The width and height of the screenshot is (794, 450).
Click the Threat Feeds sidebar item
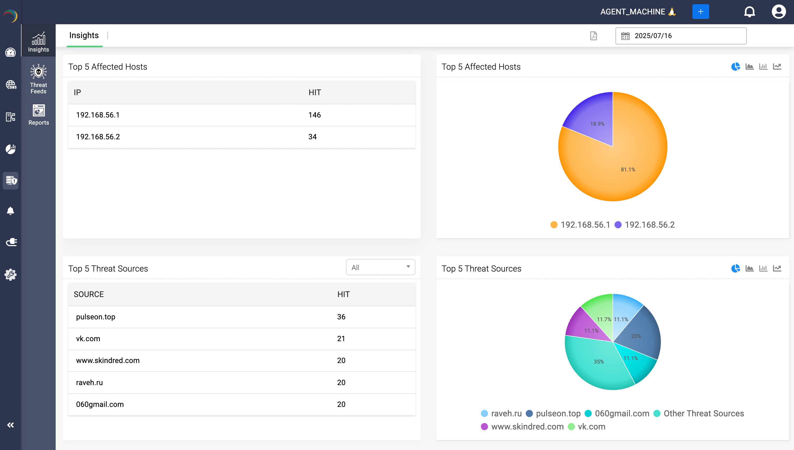[38, 79]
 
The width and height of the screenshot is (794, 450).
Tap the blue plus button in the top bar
[701, 12]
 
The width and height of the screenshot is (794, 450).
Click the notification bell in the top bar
[749, 12]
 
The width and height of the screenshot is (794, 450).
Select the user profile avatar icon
[779, 12]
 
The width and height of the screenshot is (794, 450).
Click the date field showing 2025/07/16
[681, 36]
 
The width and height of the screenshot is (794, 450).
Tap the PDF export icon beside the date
[593, 36]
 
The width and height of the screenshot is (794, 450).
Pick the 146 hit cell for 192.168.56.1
[315, 115]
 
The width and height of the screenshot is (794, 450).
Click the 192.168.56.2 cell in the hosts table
[98, 137]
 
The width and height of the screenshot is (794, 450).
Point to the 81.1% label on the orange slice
[628, 170]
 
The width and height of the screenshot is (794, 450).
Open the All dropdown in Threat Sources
[380, 267]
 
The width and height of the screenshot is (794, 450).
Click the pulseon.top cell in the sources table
[96, 317]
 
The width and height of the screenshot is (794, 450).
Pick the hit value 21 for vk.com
[341, 339]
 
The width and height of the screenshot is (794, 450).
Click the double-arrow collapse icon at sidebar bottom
[11, 425]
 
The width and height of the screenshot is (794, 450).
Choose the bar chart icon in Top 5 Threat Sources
[763, 268]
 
